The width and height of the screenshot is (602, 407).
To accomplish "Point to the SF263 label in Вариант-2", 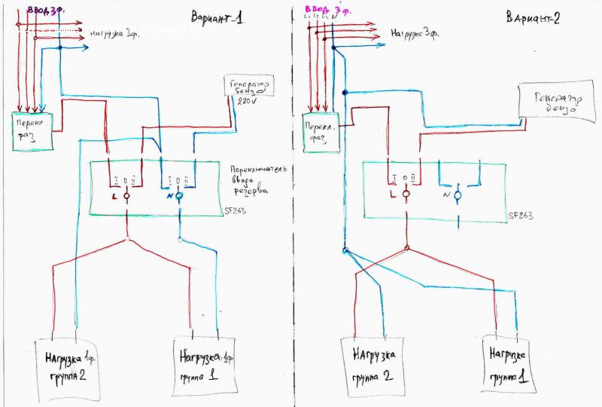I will (x=521, y=216).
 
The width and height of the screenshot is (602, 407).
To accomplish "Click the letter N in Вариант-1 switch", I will (x=168, y=197).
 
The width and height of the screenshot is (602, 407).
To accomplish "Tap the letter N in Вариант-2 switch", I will (x=447, y=195).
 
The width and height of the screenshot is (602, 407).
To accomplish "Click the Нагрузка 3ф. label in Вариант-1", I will (x=112, y=33).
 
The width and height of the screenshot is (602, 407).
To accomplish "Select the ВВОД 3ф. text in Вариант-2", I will (x=325, y=11).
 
